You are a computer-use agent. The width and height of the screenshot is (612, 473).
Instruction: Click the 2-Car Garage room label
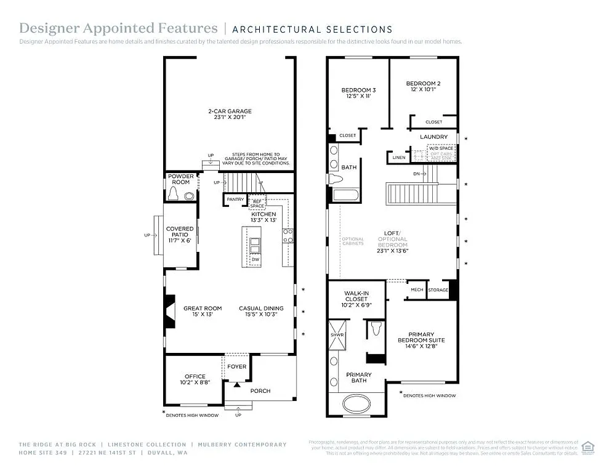(229, 111)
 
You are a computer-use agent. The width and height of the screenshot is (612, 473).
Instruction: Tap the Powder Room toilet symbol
(174, 195)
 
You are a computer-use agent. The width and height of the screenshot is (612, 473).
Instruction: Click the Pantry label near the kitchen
(235, 200)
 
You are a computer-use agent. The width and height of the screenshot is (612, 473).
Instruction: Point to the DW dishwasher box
(255, 260)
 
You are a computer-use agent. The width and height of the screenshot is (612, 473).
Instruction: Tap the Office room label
(195, 376)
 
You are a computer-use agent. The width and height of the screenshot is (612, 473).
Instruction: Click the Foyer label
(236, 366)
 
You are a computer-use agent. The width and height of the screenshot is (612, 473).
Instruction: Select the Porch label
(260, 390)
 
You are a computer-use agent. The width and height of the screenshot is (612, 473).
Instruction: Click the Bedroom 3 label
(358, 90)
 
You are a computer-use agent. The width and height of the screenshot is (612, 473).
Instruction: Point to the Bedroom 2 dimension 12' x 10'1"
(423, 90)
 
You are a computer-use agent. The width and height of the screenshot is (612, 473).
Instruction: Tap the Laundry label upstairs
(433, 137)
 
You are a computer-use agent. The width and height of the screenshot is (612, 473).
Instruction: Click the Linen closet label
(398, 158)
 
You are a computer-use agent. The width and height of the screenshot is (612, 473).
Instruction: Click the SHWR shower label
(337, 334)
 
